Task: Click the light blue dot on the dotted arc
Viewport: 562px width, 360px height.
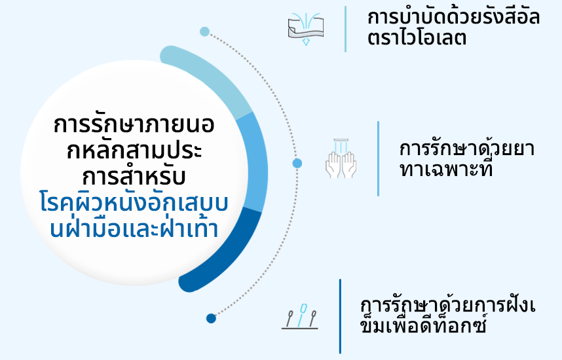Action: pyautogui.click(x=204, y=31)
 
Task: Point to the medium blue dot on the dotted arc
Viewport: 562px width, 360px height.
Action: pyautogui.click(x=297, y=163)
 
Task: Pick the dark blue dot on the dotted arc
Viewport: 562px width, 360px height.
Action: pyautogui.click(x=211, y=319)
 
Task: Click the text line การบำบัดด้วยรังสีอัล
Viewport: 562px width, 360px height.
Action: pyautogui.click(x=453, y=17)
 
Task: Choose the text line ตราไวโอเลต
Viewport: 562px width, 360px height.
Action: pyautogui.click(x=417, y=38)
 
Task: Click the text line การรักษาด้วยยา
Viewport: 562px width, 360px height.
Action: pyautogui.click(x=466, y=149)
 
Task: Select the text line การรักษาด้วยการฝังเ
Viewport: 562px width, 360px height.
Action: pyautogui.click(x=449, y=305)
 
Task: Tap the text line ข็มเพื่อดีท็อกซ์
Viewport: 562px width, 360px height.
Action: pyautogui.click(x=425, y=326)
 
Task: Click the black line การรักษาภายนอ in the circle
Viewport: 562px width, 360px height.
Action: pyautogui.click(x=135, y=126)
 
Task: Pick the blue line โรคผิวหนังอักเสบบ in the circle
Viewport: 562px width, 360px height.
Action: pyautogui.click(x=134, y=204)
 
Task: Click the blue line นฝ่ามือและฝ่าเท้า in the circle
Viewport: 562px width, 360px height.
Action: pyautogui.click(x=134, y=229)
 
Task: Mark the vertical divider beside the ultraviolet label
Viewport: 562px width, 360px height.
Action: pyautogui.click(x=345, y=29)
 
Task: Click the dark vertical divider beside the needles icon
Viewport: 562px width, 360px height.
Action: pyautogui.click(x=340, y=316)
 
